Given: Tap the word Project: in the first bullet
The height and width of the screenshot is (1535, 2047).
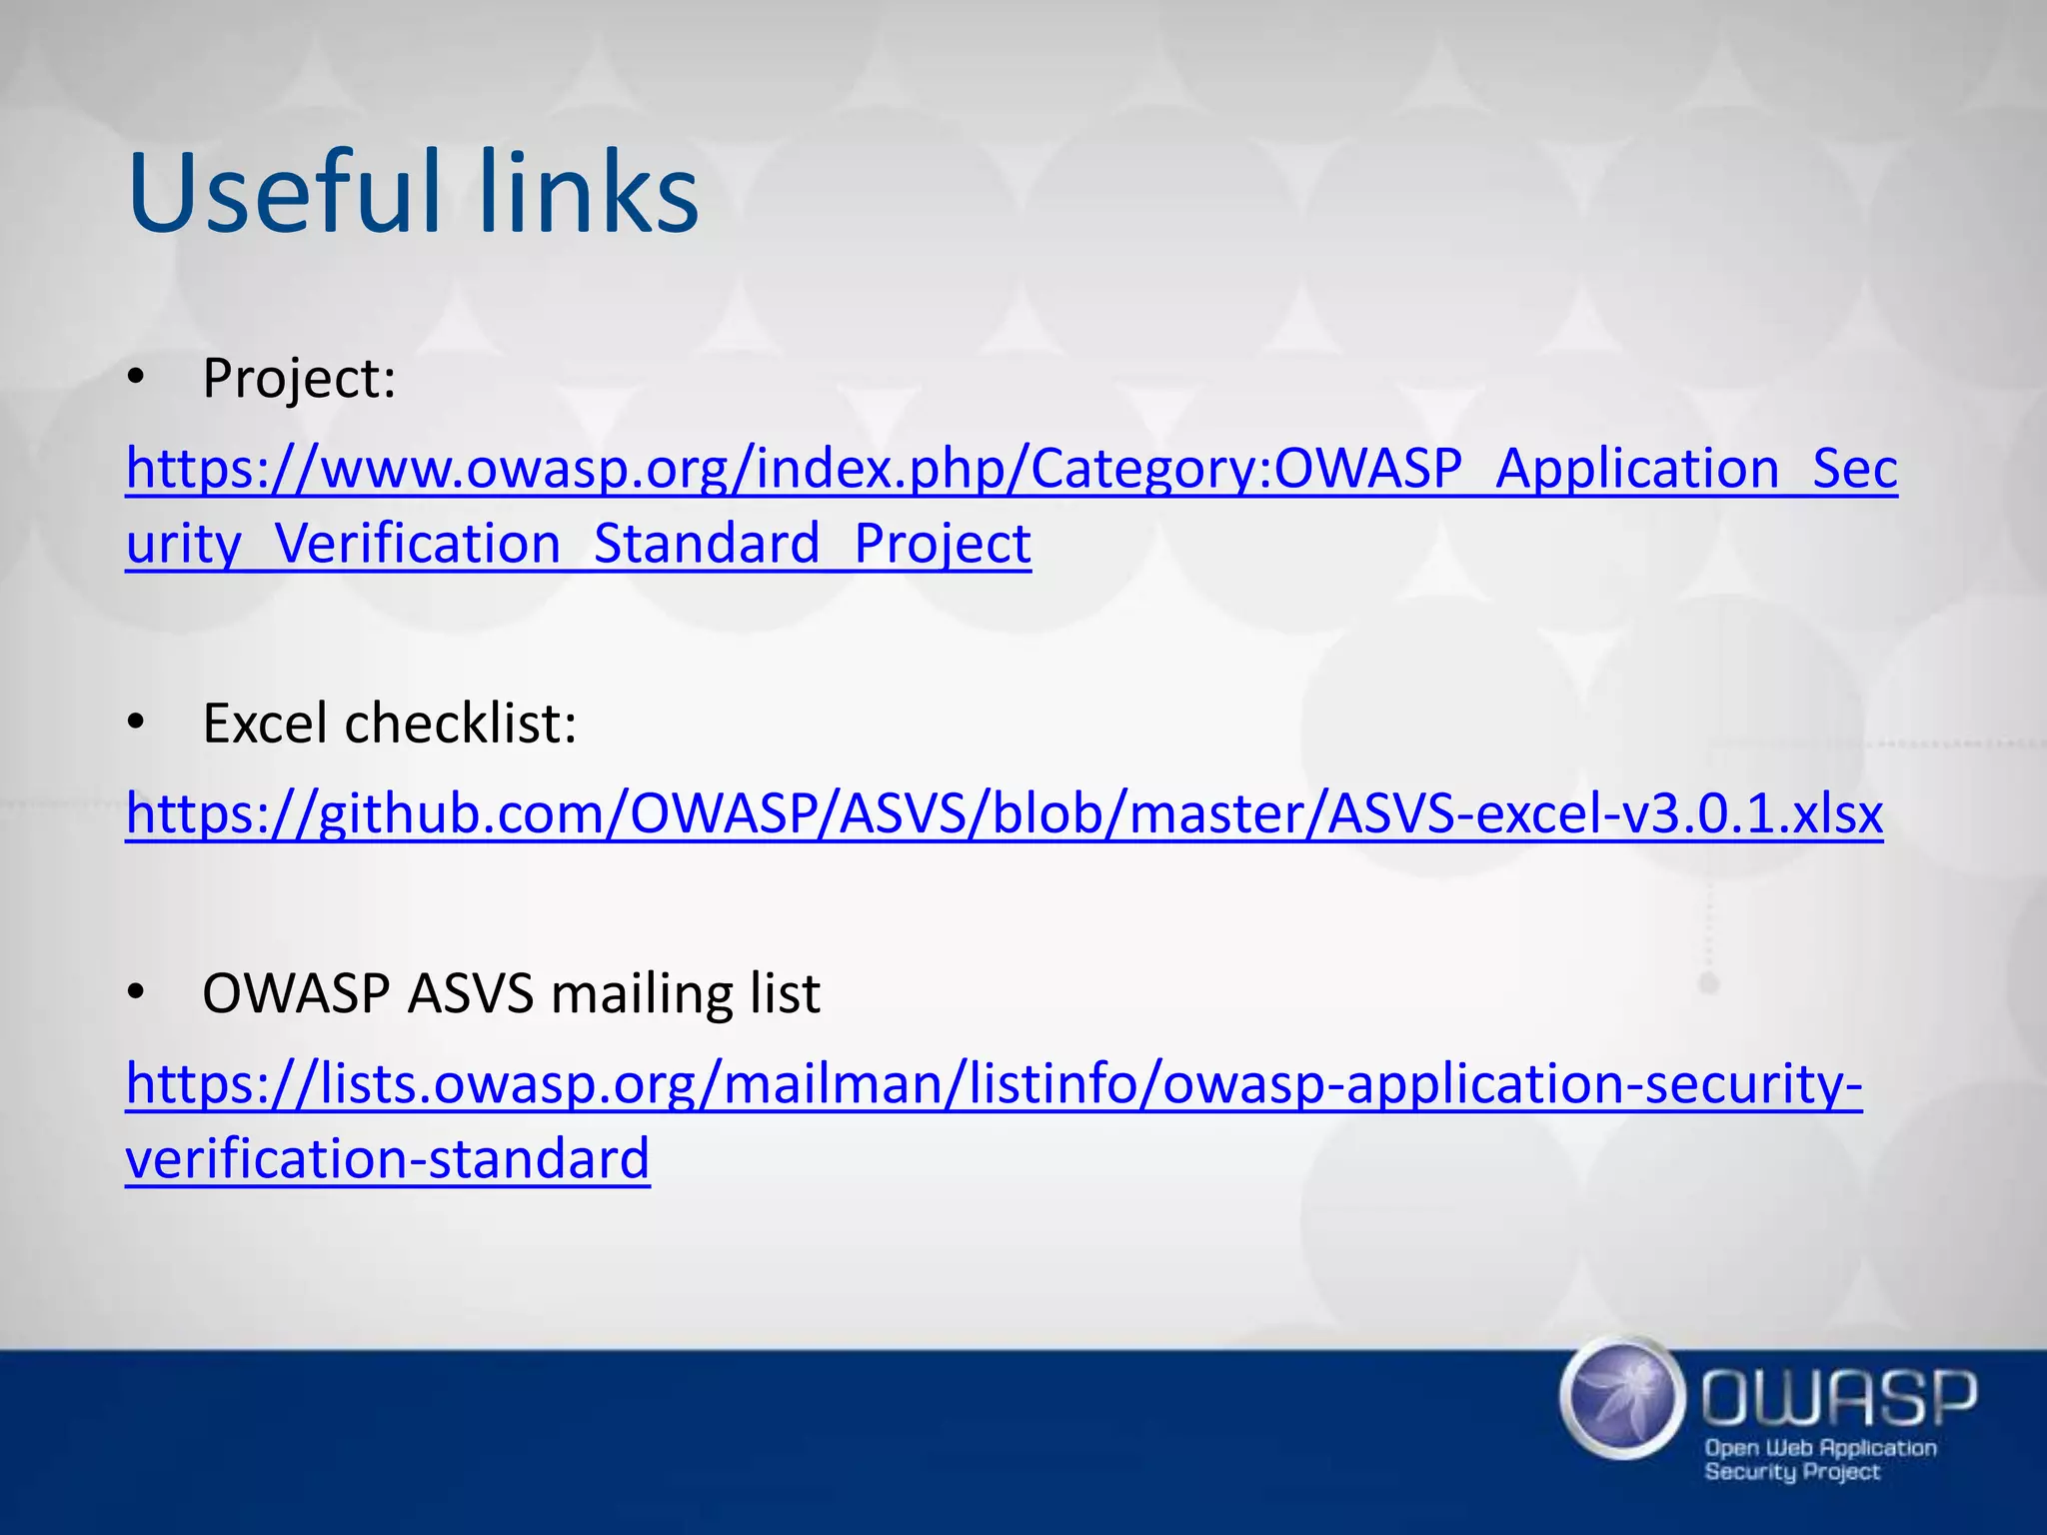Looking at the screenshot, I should coord(299,380).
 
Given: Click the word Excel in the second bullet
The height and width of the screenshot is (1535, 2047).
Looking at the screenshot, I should coord(265,723).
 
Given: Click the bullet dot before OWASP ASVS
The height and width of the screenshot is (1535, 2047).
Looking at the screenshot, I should coord(137,992).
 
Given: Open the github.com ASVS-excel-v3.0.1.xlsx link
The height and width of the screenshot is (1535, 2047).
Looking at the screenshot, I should coord(1004,813).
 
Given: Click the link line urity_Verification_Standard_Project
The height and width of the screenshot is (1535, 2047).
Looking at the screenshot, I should coord(578,545).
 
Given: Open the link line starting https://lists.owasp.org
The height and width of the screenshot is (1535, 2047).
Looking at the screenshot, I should coord(994,1084).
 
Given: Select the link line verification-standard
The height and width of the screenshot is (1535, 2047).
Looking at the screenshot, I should coord(388,1159).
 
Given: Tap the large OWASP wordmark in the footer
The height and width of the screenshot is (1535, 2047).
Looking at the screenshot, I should coord(1839,1398).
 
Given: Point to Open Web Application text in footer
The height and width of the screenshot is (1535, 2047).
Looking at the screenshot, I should coord(1820,1448).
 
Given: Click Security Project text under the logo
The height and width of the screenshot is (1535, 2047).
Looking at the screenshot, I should coord(1792,1472).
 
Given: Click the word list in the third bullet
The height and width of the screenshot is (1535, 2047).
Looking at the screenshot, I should coord(790,993).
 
